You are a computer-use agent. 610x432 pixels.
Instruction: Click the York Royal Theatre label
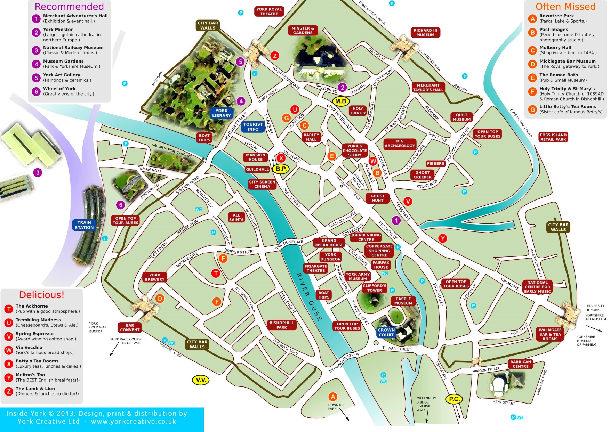tap(269, 11)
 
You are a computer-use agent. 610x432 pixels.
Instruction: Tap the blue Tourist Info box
tap(253, 127)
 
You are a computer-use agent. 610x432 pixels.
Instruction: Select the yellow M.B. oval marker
tap(340, 101)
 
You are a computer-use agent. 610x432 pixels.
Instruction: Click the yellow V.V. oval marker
tap(201, 380)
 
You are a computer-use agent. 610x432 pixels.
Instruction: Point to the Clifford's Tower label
tap(374, 288)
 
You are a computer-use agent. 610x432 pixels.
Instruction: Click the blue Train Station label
tap(84, 225)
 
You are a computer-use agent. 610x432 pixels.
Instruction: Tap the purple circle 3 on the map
tap(38, 172)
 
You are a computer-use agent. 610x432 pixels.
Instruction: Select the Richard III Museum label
tap(425, 33)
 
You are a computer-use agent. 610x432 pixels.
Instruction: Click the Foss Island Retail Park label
tap(553, 137)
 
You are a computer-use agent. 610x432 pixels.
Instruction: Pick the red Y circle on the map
tap(442, 238)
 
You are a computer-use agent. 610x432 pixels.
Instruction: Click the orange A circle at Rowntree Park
tap(333, 397)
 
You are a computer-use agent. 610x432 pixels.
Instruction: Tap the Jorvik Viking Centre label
tap(366, 237)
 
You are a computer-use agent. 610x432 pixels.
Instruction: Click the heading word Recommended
tap(69, 7)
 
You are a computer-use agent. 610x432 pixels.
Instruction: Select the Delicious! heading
tap(42, 295)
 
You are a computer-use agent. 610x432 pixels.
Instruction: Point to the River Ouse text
tap(309, 296)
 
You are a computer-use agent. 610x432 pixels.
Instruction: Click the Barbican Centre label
tap(520, 364)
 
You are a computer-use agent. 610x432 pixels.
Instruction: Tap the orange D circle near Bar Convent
tap(160, 298)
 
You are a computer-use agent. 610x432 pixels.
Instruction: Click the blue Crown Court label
tap(386, 332)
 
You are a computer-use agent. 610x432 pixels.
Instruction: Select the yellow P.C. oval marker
tap(454, 399)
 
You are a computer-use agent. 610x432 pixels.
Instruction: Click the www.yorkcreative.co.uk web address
tap(134, 421)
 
